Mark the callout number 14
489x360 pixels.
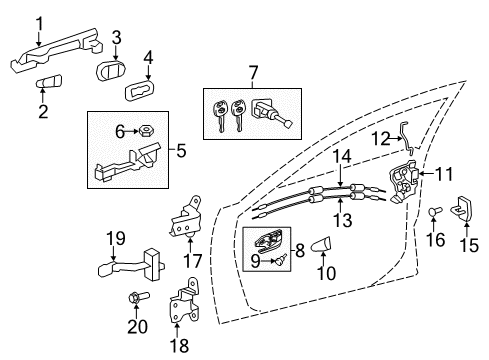click(x=342, y=155)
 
